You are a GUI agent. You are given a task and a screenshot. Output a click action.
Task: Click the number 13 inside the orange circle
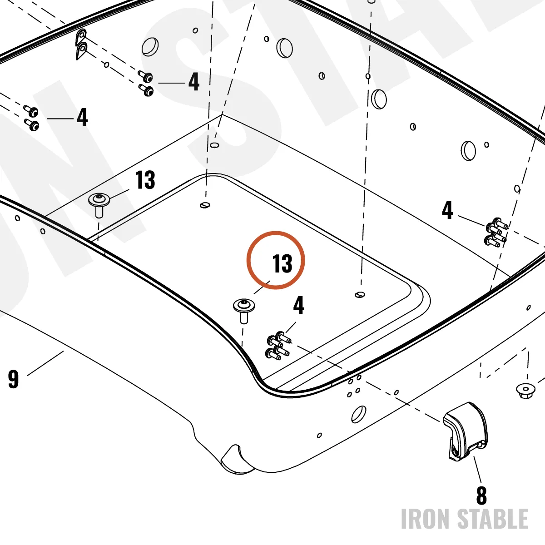(282, 263)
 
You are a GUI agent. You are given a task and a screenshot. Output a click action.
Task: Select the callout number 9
(13, 380)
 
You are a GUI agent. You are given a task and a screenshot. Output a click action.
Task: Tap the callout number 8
(482, 495)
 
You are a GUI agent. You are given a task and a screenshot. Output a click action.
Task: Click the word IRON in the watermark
(425, 519)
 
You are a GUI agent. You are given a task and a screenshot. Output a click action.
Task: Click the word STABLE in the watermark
(493, 519)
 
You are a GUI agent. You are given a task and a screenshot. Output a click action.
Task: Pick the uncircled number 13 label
(145, 180)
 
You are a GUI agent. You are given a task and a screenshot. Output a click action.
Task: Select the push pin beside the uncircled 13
(99, 205)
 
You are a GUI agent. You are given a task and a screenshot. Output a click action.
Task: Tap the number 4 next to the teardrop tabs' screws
(194, 82)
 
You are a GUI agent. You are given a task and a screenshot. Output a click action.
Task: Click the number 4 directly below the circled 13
(299, 306)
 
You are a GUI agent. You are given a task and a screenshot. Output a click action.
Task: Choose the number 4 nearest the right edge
(447, 210)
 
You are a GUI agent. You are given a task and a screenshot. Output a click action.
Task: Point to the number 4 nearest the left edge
(82, 117)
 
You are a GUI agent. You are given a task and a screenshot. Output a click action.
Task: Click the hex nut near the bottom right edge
(525, 391)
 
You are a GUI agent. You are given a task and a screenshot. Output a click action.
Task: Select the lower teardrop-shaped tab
(81, 51)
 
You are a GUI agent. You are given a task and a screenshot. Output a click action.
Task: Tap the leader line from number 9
(45, 363)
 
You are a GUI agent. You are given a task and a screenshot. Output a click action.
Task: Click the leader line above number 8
(477, 469)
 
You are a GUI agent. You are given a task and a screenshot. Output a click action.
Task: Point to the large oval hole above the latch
(359, 414)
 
